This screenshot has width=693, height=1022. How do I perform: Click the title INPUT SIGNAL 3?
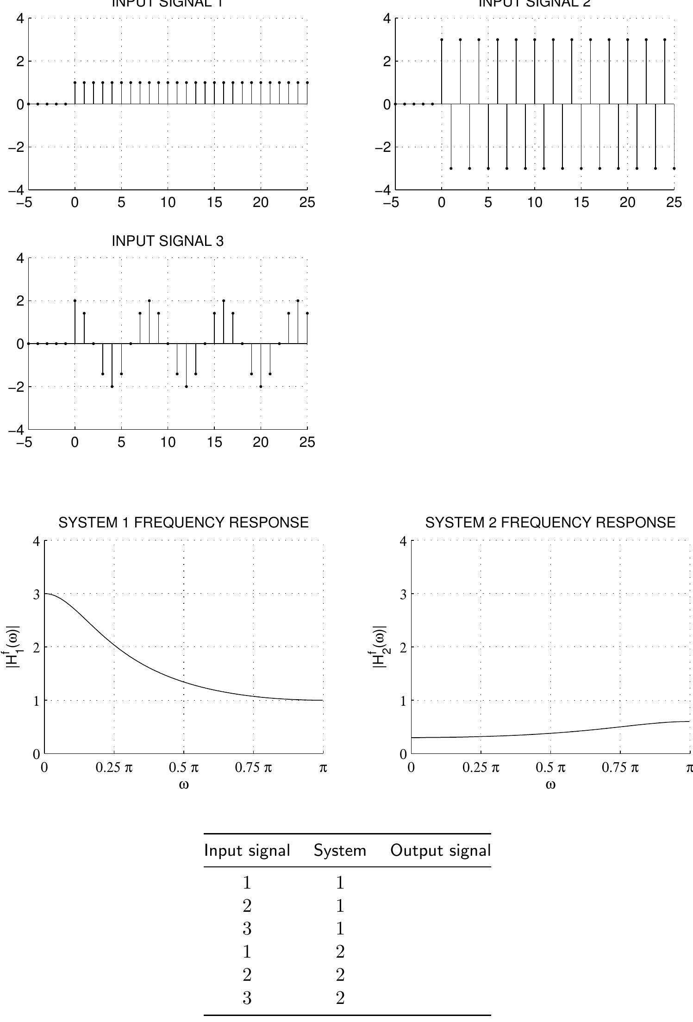point(168,241)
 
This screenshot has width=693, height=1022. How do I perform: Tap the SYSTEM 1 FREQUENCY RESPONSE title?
point(183,522)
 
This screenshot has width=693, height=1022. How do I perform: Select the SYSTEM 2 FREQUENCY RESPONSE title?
point(550,522)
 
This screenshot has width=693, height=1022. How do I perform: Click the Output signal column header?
point(440,851)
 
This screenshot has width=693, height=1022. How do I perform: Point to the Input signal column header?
point(247,851)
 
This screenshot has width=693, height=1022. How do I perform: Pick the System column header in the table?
point(340,851)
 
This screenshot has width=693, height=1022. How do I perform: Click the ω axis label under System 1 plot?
point(184,785)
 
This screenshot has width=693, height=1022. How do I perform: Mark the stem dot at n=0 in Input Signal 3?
point(75,301)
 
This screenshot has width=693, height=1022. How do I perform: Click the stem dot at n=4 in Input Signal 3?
point(112,386)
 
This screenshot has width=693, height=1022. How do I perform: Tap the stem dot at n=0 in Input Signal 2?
point(442,40)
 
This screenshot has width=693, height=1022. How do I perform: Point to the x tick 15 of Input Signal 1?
point(214,203)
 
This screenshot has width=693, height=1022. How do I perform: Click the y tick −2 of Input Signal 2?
point(384,147)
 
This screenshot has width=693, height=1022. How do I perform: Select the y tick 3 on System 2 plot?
point(403,594)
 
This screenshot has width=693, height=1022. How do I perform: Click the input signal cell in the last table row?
point(247,998)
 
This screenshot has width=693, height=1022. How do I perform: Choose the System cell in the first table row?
point(340,883)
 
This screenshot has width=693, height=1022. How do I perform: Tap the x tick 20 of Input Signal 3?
point(261,443)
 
